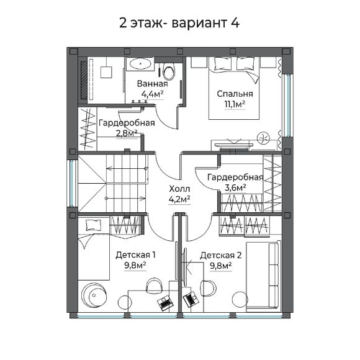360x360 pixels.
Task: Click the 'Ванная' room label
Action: point(152,84)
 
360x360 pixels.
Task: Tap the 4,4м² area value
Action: point(152,94)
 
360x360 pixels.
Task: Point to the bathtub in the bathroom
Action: point(142,64)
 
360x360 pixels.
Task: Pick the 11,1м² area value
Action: point(235,104)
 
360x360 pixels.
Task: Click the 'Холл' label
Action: point(179,189)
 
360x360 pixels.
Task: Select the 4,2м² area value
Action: point(179,199)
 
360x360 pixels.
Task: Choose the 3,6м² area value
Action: point(235,187)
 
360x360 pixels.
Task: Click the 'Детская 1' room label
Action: point(135,254)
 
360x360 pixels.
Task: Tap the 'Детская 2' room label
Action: point(220,254)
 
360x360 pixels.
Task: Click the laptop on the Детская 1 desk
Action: point(165,304)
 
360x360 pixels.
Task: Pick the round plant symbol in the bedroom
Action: point(263,137)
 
